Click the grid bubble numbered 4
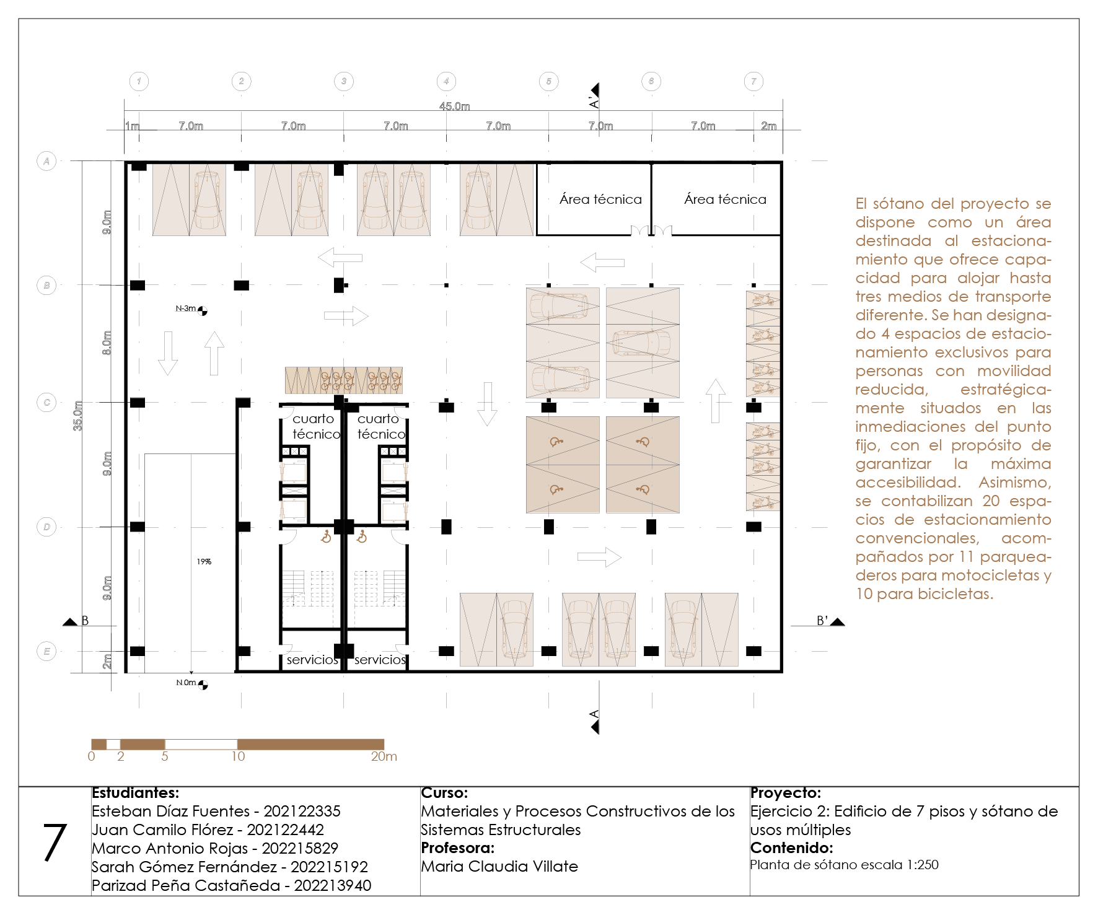coord(446,81)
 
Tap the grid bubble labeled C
coord(46,403)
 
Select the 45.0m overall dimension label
coord(454,107)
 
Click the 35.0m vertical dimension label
coord(78,416)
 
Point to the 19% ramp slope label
coord(204,562)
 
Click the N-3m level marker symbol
coord(203,311)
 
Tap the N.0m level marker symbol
coord(203,685)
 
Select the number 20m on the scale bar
coord(384,756)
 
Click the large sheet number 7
coord(55,842)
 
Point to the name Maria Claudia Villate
coord(499,866)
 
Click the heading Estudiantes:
coord(135,793)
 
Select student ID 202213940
coord(332,885)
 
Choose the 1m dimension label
coord(133,126)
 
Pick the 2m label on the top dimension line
coord(768,126)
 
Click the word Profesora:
coord(457,847)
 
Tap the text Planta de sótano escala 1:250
coord(844,865)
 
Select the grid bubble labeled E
coord(46,651)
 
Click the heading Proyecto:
coord(785,793)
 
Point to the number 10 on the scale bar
coord(238,756)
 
